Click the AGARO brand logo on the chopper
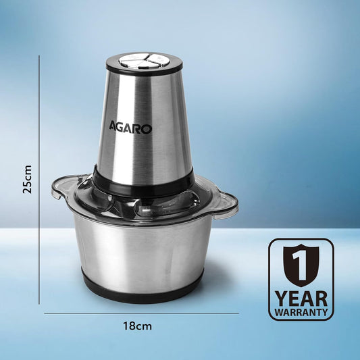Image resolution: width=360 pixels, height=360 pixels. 131,127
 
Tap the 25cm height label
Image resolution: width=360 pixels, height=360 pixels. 28,180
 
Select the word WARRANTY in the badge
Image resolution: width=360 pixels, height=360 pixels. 301,313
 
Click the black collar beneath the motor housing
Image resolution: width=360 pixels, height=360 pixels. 143,177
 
